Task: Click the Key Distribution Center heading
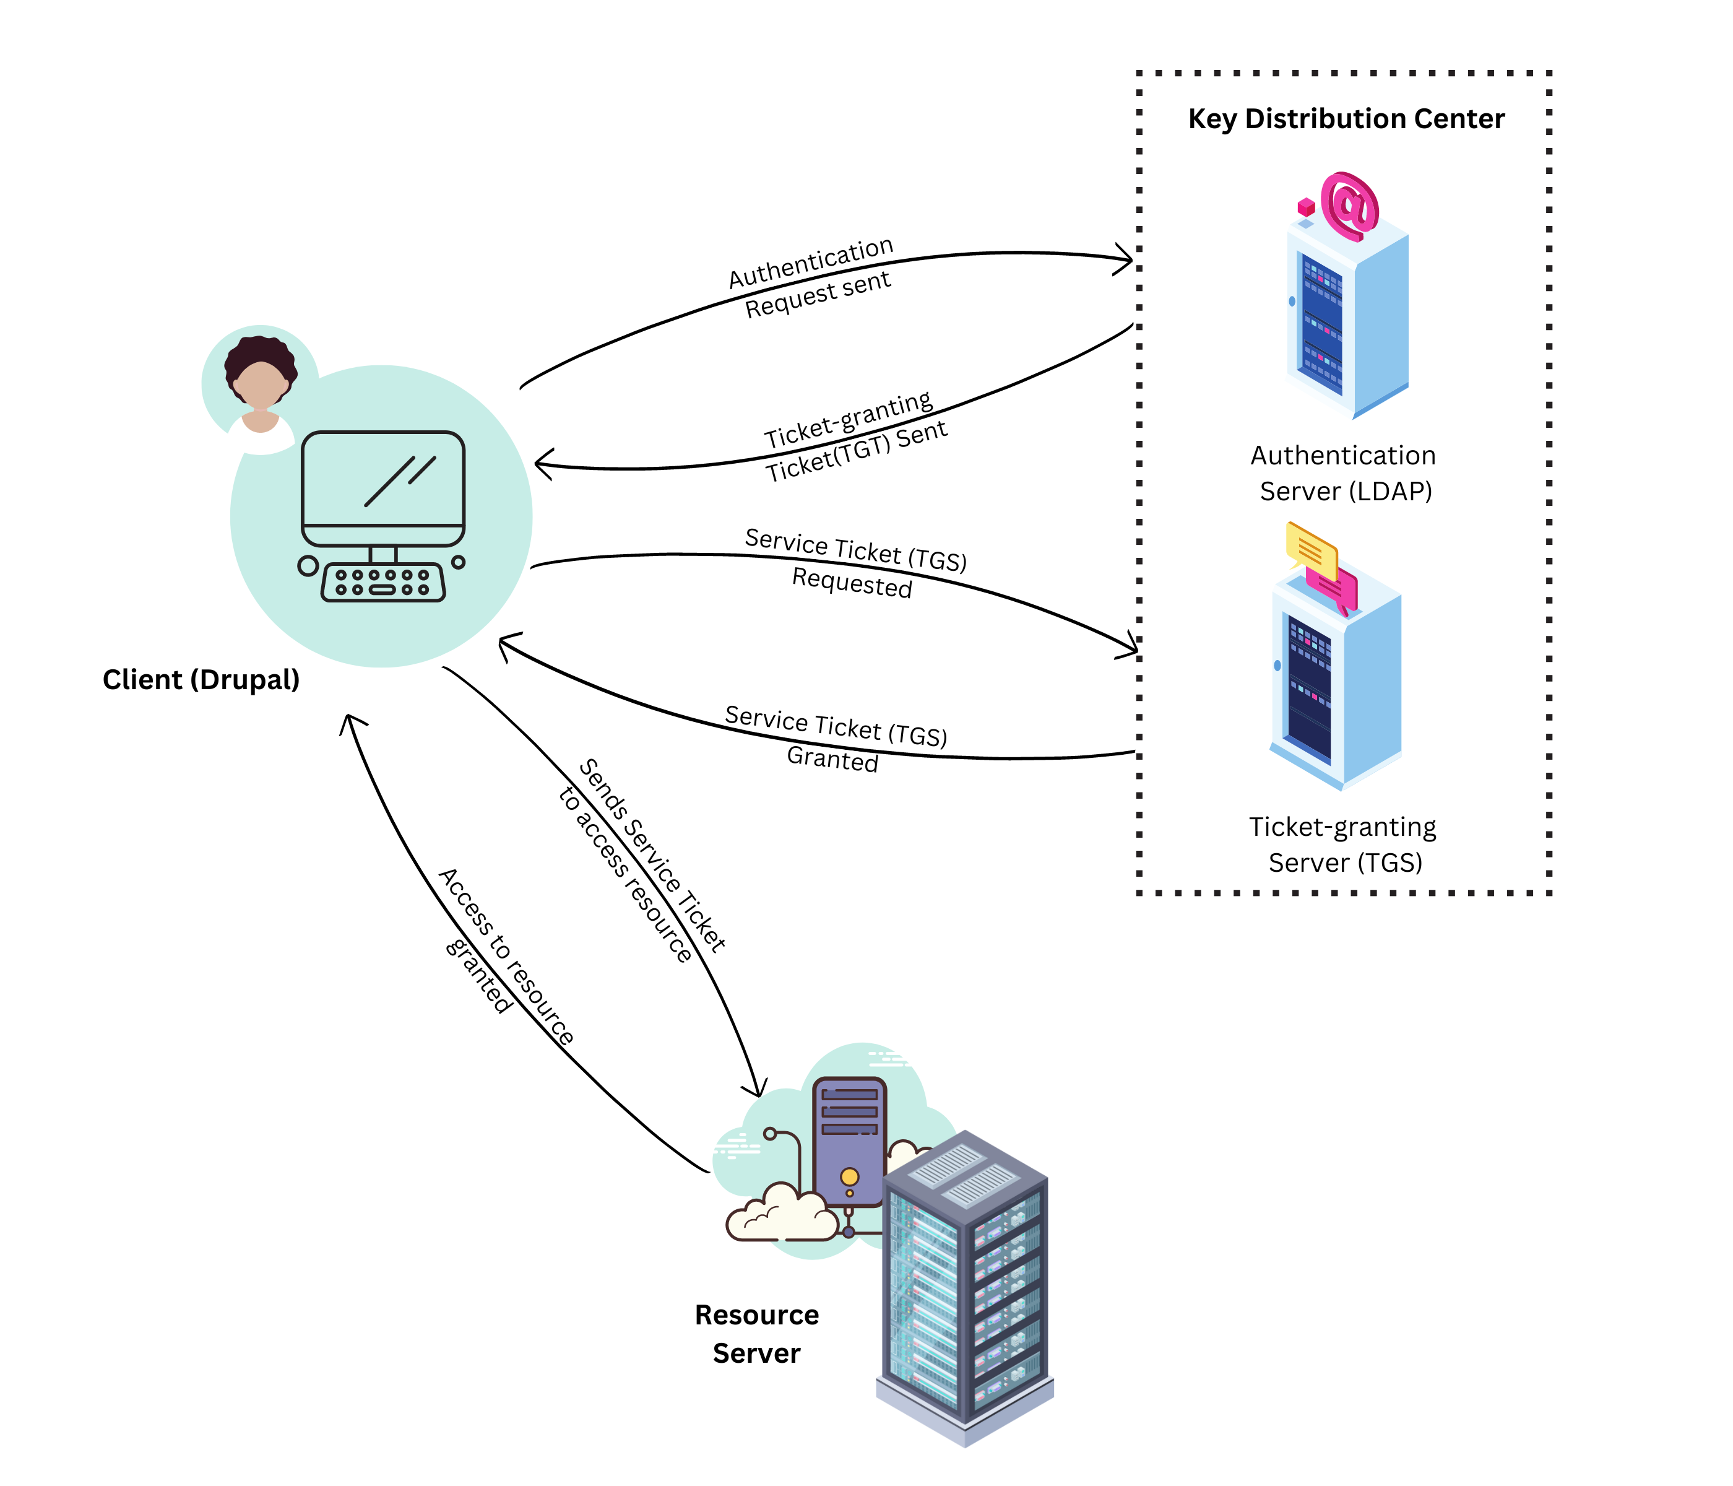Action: pyautogui.click(x=1346, y=119)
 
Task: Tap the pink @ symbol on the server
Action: pyautogui.click(x=1349, y=204)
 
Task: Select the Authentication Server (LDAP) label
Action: pyautogui.click(x=1343, y=473)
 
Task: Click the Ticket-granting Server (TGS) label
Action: pyautogui.click(x=1343, y=845)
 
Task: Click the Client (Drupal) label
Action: pyautogui.click(x=201, y=679)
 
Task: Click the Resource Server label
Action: pyautogui.click(x=756, y=1334)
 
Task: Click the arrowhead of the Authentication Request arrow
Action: pyautogui.click(x=1125, y=259)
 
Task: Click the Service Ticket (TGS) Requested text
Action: pyautogui.click(x=854, y=563)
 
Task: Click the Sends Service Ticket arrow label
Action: pyautogui.click(x=642, y=862)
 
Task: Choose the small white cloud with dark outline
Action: pyautogui.click(x=781, y=1213)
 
